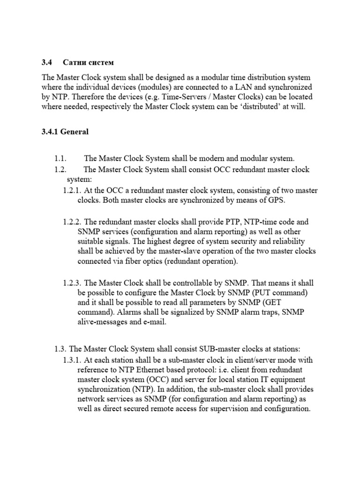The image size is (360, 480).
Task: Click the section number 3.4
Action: [47, 62]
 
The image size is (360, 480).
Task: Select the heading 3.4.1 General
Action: [65, 132]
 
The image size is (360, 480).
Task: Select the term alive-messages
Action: [104, 322]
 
